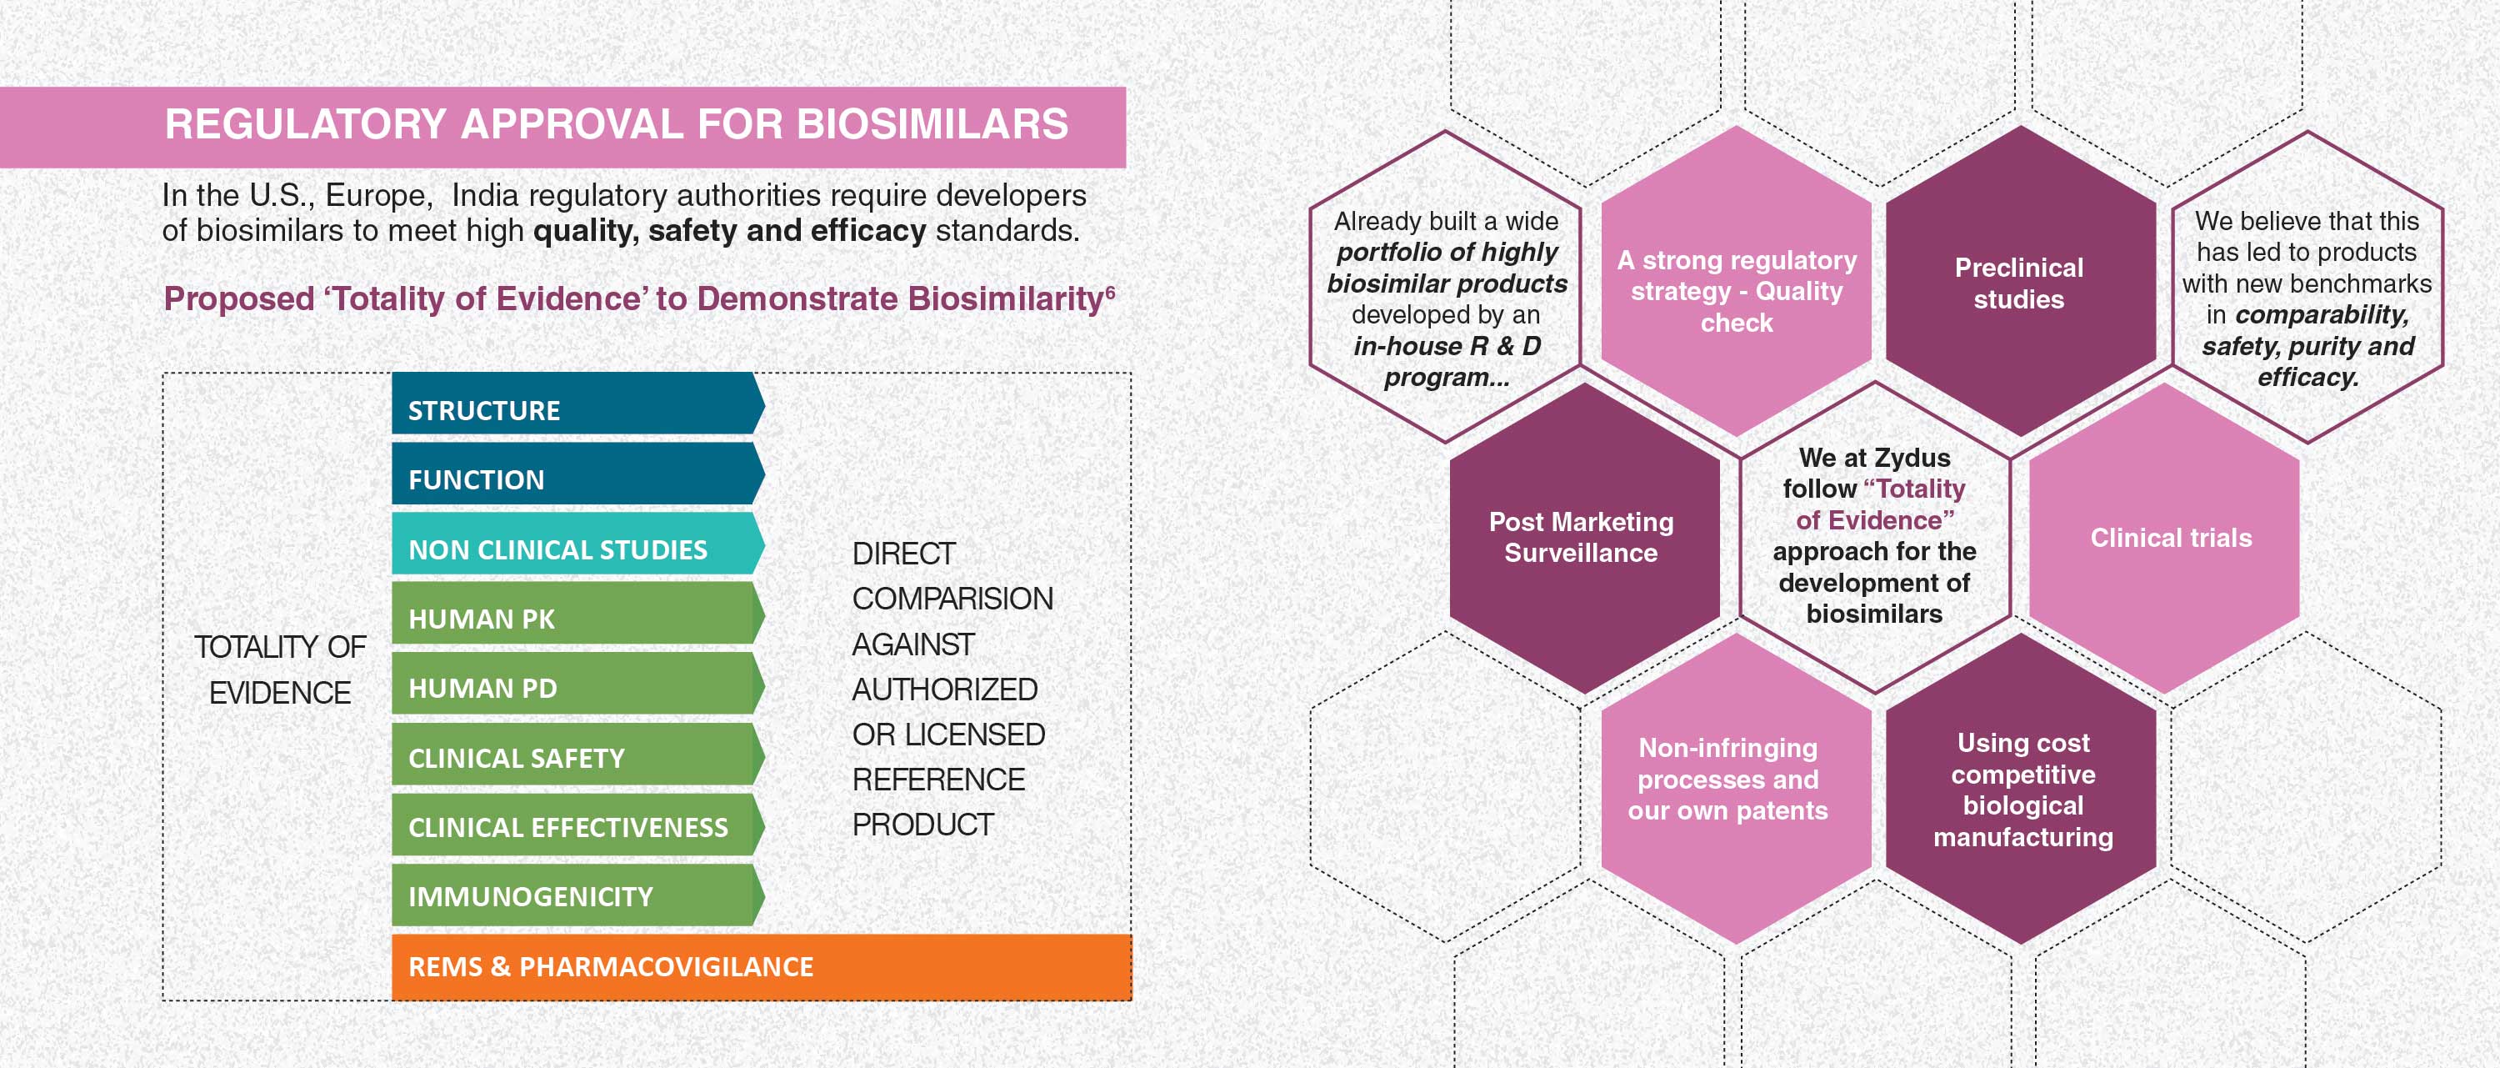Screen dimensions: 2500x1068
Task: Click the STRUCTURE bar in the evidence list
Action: click(x=577, y=403)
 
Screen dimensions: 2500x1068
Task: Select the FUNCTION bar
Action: click(x=577, y=474)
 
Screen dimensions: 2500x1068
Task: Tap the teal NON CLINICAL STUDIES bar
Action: click(x=577, y=544)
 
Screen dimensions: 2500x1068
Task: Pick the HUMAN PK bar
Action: click(x=577, y=613)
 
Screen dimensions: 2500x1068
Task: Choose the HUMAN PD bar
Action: click(x=577, y=683)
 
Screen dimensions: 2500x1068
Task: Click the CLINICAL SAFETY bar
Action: click(x=577, y=754)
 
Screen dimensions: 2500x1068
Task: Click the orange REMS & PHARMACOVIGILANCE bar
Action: click(x=762, y=967)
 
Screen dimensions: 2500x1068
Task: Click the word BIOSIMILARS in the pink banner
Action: click(x=932, y=124)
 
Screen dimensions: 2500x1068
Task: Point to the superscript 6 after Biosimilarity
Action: click(x=1110, y=290)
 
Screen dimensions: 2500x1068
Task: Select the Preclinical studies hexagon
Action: click(x=2020, y=282)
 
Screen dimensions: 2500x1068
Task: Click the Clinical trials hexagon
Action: click(x=2165, y=539)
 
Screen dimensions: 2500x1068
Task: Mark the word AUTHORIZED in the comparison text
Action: click(x=944, y=689)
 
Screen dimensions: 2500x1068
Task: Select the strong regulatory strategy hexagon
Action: click(x=1735, y=282)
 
